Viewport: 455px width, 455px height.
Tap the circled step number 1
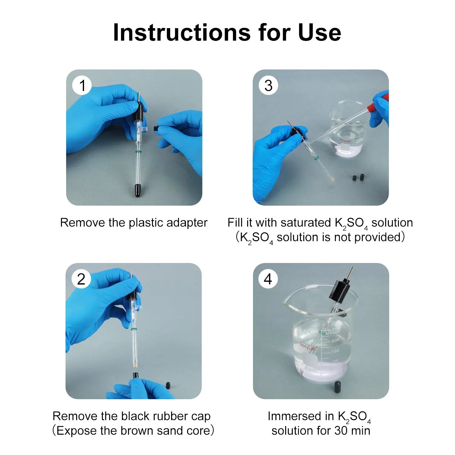[82, 86]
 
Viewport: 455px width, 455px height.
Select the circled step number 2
[81, 279]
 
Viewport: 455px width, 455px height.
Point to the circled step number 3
[268, 86]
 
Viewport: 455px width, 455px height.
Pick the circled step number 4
[268, 279]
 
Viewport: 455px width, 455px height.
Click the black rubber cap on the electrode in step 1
[137, 190]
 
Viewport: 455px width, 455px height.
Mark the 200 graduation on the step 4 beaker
[335, 340]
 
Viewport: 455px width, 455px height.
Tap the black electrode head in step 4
[340, 290]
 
